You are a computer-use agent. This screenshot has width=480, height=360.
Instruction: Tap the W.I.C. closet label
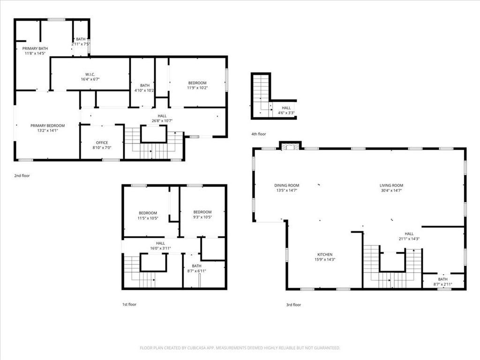90,75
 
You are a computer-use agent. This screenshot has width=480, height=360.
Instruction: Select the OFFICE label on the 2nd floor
102,142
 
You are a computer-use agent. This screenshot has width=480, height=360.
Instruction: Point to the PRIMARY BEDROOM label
47,126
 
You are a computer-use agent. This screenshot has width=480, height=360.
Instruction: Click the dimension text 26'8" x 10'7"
162,120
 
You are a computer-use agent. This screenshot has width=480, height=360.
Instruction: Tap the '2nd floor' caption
22,175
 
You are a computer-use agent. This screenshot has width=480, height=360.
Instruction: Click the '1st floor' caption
129,304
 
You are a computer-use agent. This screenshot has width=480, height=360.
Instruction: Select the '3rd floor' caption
293,305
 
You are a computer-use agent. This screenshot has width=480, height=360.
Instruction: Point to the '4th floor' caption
258,134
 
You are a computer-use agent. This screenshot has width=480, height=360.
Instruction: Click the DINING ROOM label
286,185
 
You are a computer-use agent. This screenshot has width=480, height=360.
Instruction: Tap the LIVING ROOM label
391,185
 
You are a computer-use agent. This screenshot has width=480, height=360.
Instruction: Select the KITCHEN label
324,255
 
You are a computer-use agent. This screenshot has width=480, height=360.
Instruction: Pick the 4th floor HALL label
286,108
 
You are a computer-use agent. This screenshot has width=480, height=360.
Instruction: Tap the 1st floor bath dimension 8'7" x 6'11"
196,270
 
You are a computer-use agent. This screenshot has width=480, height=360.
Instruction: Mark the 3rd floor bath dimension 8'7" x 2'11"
442,284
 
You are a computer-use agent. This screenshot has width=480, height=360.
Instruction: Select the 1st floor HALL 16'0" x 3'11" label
160,246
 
